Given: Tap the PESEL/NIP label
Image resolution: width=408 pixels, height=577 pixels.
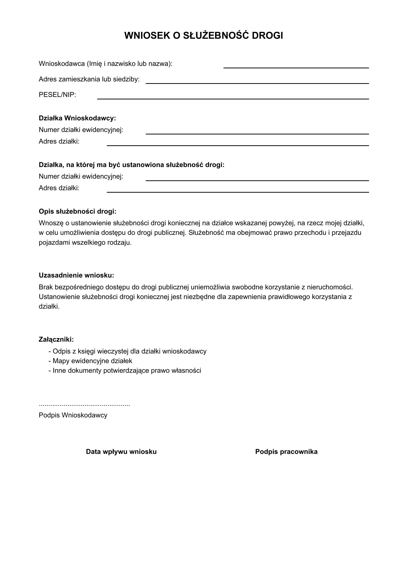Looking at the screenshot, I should coord(57,95).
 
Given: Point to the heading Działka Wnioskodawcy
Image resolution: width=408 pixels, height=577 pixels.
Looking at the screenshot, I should coord(77,118).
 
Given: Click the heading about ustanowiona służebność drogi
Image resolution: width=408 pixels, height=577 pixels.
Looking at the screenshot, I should coord(131,165).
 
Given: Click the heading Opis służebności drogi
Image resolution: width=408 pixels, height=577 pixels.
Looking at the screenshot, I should coord(78,211).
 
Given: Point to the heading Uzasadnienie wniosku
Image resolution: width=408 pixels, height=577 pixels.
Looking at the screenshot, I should coord(76,276).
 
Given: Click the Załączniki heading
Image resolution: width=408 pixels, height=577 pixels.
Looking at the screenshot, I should coord(56,339).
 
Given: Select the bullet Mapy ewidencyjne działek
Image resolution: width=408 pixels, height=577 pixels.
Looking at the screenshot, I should coord(91,361).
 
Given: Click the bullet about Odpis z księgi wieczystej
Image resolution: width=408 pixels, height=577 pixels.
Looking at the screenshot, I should coord(128,351).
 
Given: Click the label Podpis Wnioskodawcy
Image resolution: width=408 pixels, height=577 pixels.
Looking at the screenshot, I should coord(73,415).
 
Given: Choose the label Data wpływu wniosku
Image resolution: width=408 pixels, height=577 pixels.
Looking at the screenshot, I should coord(121,452).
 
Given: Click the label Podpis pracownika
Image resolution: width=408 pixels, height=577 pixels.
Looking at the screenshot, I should coord(286,452).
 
